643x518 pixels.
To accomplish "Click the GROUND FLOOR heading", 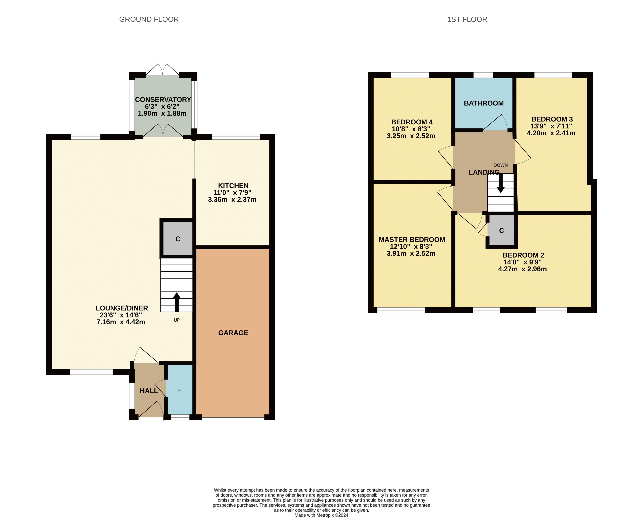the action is click(x=149, y=19).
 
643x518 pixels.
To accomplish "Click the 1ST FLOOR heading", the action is click(x=467, y=19).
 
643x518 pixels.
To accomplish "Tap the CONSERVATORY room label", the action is click(x=163, y=99).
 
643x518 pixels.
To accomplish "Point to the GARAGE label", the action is click(x=233, y=333).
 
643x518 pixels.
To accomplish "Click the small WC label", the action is click(x=180, y=390).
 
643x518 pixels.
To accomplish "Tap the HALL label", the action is click(x=149, y=391).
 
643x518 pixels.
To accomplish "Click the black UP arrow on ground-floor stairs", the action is click(x=177, y=302).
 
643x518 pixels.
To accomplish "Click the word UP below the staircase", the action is click(x=177, y=320).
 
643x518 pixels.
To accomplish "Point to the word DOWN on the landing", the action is click(x=500, y=165).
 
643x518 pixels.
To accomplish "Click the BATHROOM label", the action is click(x=484, y=103).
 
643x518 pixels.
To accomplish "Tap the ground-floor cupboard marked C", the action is click(x=178, y=239).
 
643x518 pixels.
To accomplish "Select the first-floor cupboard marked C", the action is click(x=501, y=230).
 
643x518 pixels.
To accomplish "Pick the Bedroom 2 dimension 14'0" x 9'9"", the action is click(x=523, y=262).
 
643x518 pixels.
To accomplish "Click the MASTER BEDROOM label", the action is click(x=412, y=239).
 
